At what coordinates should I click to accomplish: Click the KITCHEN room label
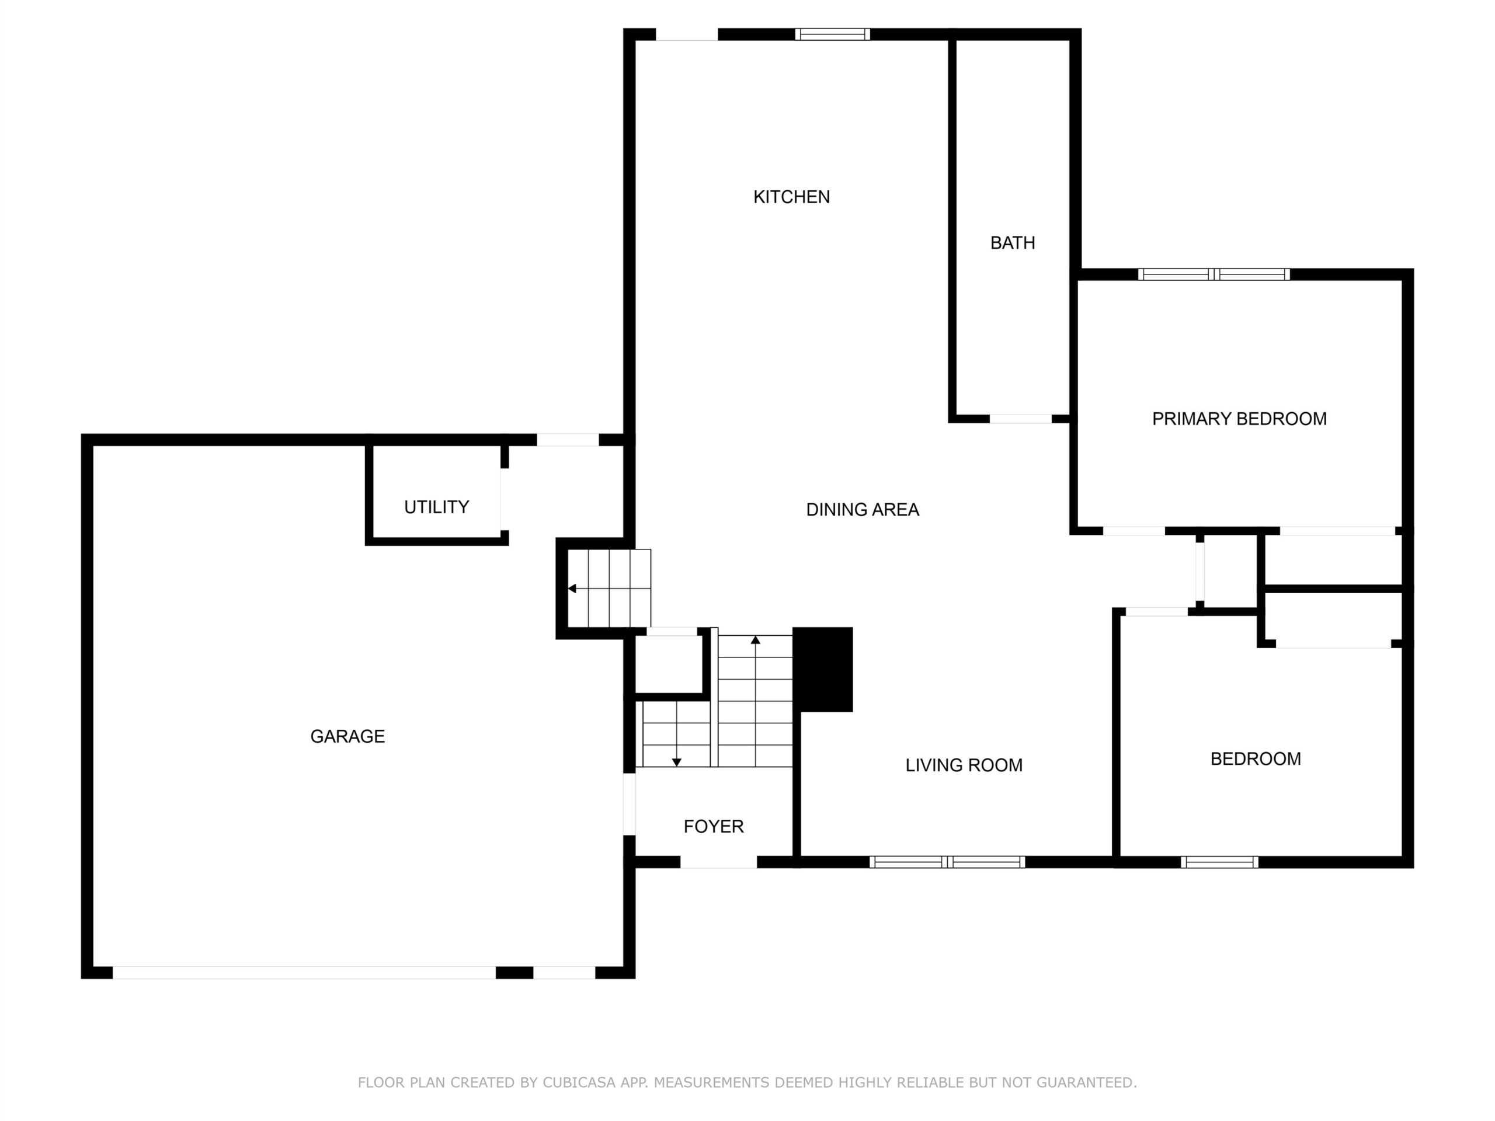point(791,197)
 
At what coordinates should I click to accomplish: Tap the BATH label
point(1013,242)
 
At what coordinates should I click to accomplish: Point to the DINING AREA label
point(863,510)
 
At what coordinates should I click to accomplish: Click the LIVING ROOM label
point(964,765)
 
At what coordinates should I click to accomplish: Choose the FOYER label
point(714,826)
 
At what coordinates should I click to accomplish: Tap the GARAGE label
point(347,736)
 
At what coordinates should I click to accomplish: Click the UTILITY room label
point(437,507)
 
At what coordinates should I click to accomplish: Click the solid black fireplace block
point(822,669)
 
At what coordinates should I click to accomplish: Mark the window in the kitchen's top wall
point(832,34)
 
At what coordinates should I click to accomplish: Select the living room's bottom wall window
point(947,862)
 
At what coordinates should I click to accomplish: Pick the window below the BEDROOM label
point(1219,862)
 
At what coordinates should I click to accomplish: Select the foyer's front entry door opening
point(718,862)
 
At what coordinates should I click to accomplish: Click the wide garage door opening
point(304,972)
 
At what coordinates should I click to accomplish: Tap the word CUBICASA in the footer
point(579,1082)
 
